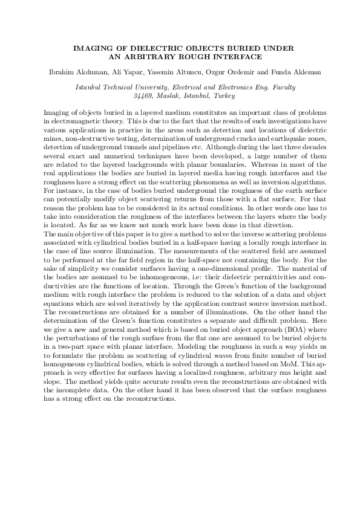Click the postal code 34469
142,96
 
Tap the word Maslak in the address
169,96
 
